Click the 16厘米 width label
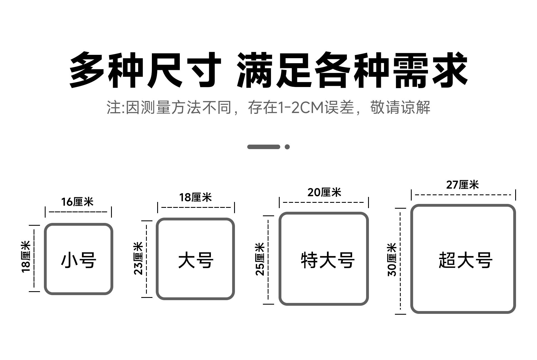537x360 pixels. click(77, 202)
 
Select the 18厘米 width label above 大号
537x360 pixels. click(195, 197)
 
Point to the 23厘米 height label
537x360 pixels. click(138, 258)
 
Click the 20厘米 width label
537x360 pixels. click(324, 192)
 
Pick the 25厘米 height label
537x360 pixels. click(260, 259)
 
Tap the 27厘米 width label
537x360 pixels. click(462, 185)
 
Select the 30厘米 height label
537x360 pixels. click(392, 260)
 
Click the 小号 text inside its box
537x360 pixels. click(79, 260)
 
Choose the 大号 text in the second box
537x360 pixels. click(196, 260)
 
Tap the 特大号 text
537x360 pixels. click(328, 260)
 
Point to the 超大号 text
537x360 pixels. click(465, 260)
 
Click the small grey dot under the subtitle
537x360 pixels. click(287, 147)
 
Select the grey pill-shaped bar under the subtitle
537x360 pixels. click(263, 147)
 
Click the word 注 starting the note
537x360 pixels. click(113, 108)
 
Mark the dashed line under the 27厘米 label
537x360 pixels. click(463, 195)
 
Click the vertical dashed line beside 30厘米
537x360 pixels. click(401, 261)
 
